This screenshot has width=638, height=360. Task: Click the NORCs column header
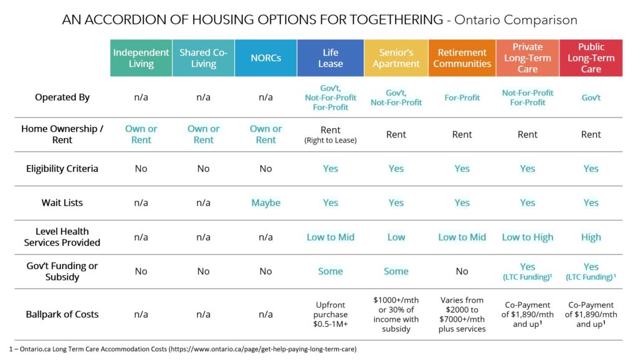265,58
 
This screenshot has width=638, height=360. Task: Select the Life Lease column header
330,58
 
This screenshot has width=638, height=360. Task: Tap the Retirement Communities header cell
462,58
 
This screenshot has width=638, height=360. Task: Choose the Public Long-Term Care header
591,58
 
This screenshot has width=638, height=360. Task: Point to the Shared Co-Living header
204,58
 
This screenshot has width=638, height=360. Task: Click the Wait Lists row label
62,202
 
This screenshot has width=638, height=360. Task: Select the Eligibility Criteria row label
62,168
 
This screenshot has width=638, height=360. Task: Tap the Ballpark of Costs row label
62,314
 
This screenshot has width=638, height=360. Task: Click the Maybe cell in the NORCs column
265,202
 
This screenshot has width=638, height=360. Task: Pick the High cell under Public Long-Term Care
591,237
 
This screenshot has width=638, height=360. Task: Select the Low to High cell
527,237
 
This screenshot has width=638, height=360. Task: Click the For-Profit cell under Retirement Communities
462,98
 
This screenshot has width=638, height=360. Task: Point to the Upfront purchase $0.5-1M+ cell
330,314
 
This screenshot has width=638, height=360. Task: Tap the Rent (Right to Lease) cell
330,135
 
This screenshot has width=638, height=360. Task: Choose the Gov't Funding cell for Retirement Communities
462,272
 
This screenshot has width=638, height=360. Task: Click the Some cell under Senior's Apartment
396,272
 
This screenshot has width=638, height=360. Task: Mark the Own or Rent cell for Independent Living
141,135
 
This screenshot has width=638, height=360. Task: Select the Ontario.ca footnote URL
263,349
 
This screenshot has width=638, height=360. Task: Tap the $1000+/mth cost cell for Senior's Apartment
396,314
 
